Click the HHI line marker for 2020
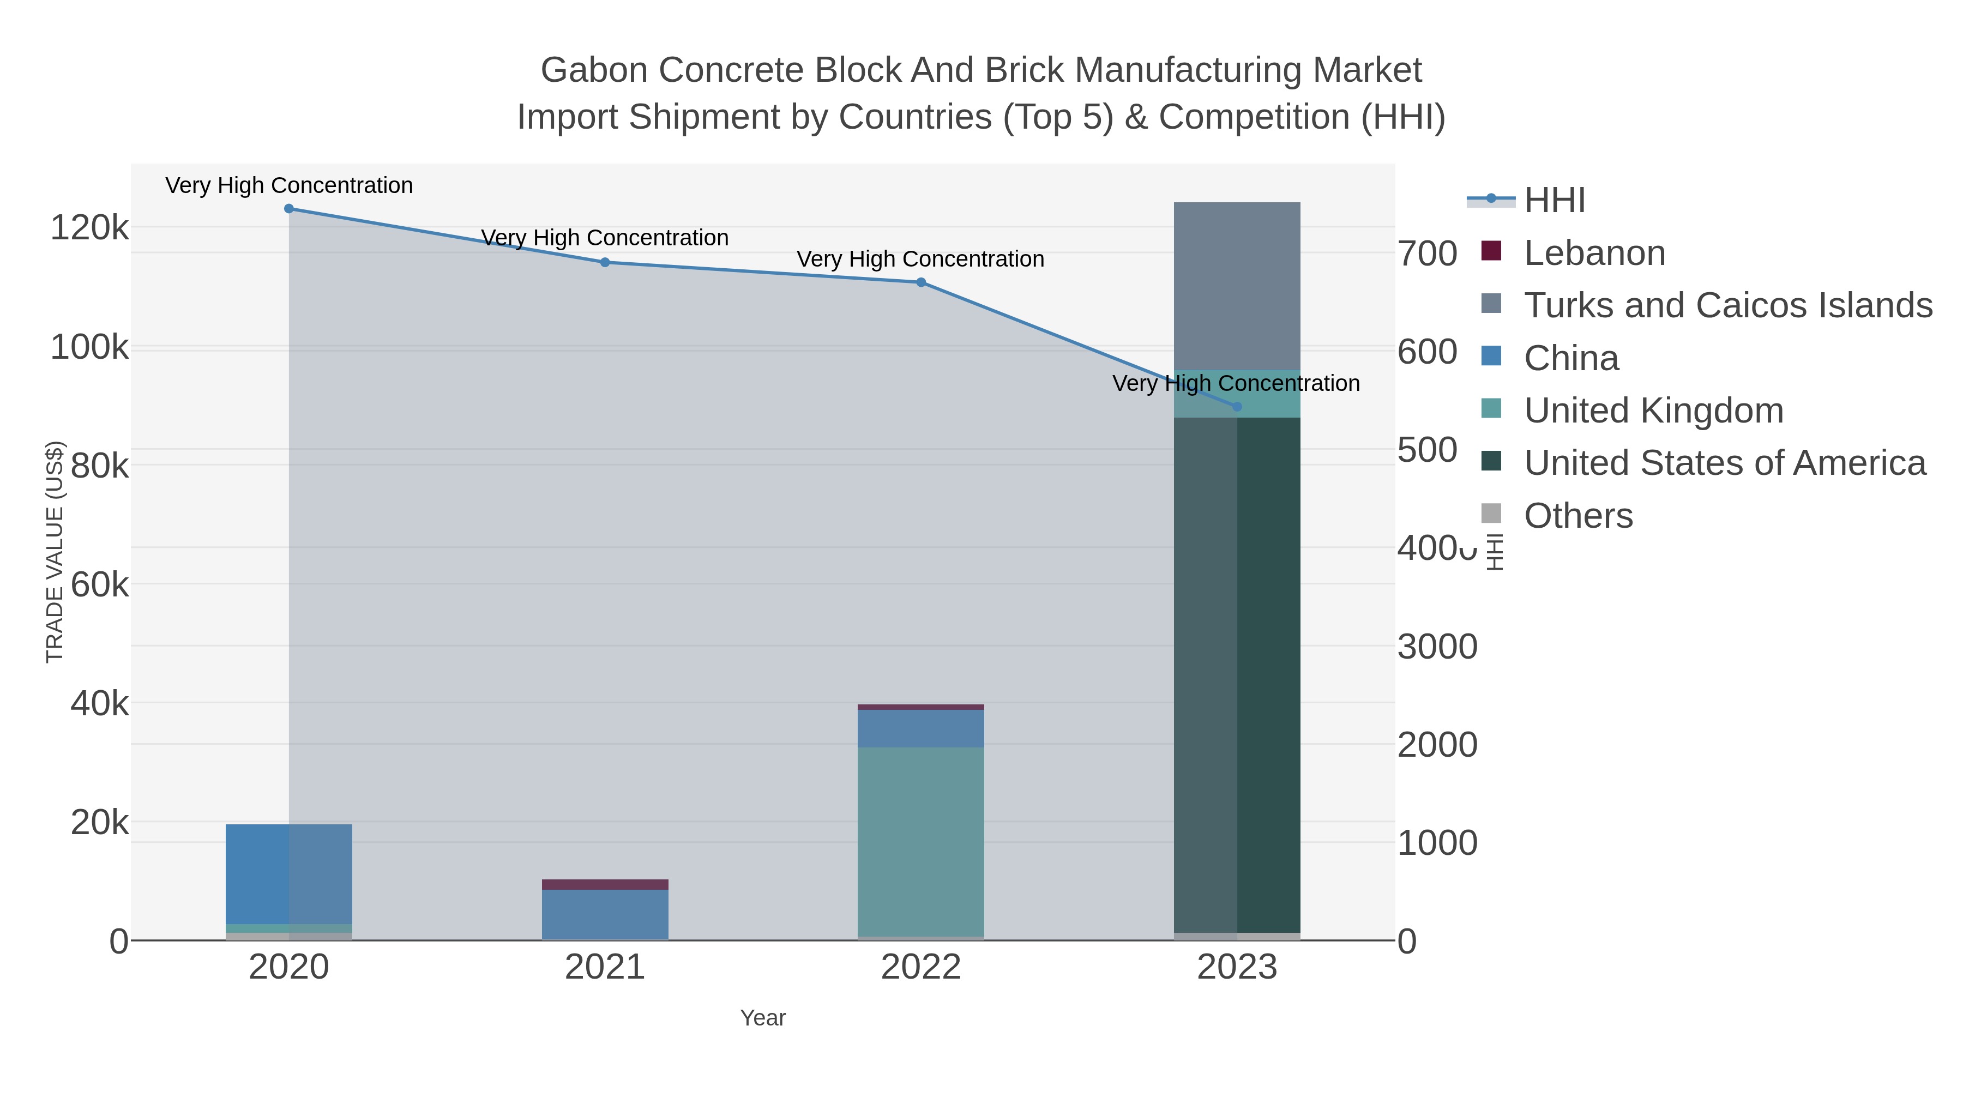[289, 208]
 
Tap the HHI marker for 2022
[920, 282]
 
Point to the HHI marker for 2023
[1237, 407]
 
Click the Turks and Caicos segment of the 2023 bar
[1237, 286]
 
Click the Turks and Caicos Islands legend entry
[1727, 305]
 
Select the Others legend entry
[1577, 516]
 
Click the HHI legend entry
[1555, 201]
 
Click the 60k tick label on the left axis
[99, 585]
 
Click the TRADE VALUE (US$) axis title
[55, 552]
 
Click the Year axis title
[762, 1018]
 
